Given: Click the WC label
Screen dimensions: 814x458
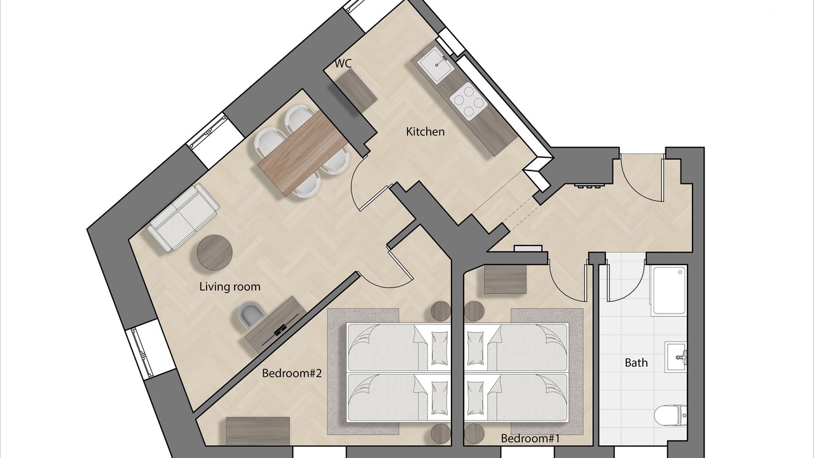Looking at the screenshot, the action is point(343,64).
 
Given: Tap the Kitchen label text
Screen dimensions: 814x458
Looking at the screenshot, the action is point(425,132).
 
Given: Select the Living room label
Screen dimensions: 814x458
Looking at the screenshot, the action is point(230,287).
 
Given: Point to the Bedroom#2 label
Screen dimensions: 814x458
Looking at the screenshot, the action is point(292,373).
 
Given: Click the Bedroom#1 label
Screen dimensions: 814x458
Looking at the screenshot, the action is point(530,438).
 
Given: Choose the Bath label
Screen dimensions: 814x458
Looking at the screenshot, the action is point(636,363).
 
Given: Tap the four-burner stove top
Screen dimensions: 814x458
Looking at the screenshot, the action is point(468,101).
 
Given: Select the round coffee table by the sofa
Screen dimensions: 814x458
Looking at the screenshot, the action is point(214,253).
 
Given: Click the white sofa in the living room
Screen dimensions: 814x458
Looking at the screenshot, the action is point(183,218).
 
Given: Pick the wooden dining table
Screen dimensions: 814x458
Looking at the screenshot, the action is point(303,154).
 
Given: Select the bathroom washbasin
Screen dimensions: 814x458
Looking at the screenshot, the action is point(675,357).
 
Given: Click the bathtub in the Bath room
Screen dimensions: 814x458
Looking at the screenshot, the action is point(670,291).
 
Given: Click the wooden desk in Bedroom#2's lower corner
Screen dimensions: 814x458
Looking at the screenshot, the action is point(258,431).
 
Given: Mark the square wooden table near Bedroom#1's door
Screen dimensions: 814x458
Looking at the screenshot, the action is point(506,279).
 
